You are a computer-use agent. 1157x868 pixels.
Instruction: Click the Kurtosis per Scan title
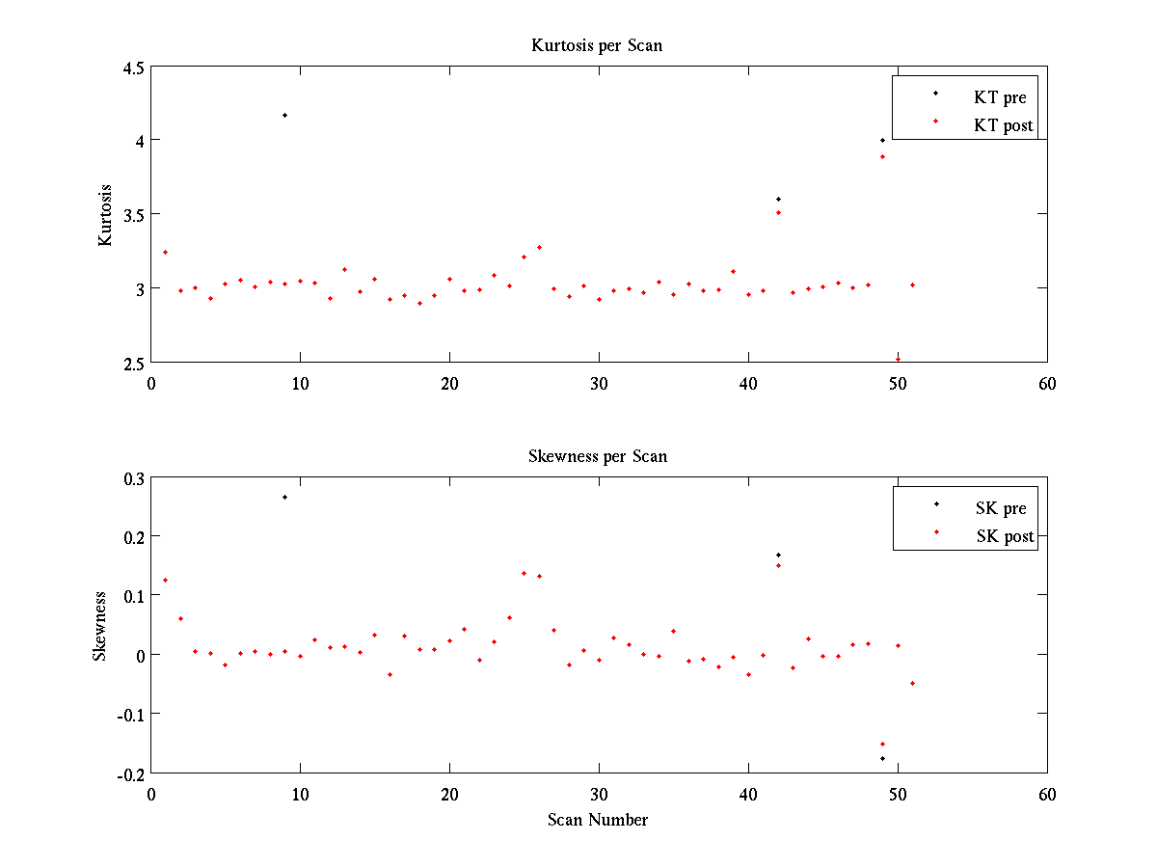click(x=597, y=45)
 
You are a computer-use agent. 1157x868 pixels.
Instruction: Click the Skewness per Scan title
click(x=597, y=456)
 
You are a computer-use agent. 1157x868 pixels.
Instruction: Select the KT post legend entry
click(x=1004, y=125)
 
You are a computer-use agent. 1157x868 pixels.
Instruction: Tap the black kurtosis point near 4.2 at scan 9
click(x=284, y=115)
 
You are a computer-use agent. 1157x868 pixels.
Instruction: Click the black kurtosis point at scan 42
click(x=778, y=199)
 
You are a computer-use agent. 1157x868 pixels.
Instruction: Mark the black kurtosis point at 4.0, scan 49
click(x=882, y=140)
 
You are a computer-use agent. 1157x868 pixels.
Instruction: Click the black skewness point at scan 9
click(x=284, y=497)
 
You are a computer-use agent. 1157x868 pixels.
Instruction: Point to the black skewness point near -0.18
click(x=882, y=758)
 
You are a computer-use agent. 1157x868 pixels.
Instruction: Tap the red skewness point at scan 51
click(x=912, y=683)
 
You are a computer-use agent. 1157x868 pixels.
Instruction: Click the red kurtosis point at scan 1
click(x=165, y=252)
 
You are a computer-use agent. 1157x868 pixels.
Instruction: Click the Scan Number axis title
click(x=598, y=820)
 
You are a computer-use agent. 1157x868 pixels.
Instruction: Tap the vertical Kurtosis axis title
click(x=105, y=215)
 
